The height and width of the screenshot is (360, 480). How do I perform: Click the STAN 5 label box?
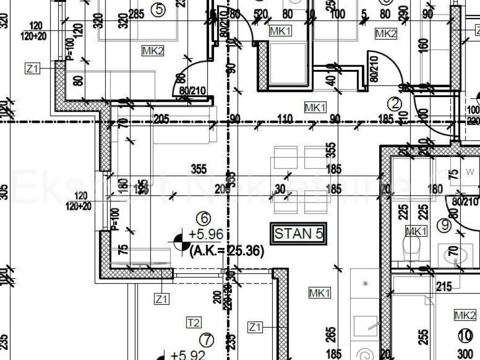click(299, 233)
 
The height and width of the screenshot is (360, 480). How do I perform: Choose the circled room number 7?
click(206, 339)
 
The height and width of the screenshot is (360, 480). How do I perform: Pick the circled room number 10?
click(465, 335)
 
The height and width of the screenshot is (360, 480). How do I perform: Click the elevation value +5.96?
click(206, 234)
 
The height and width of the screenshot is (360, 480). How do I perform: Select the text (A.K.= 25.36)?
click(226, 251)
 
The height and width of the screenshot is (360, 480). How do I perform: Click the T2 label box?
click(194, 322)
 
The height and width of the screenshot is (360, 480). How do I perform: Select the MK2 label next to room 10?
click(465, 315)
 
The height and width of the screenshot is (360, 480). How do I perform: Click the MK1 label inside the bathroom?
click(416, 231)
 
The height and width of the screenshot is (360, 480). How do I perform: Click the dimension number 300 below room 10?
click(465, 354)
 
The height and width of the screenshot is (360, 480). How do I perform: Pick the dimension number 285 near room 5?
click(136, 15)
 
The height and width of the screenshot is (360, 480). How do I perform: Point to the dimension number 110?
click(285, 119)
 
